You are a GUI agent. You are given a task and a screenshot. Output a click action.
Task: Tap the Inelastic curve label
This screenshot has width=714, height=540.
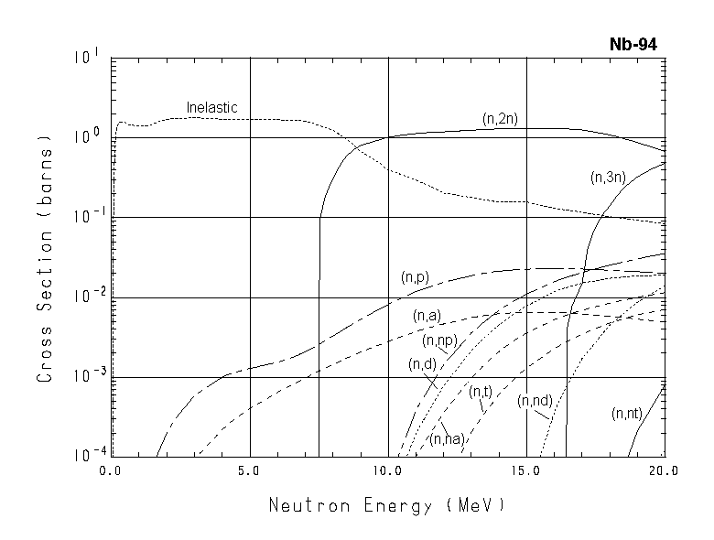pyautogui.click(x=211, y=108)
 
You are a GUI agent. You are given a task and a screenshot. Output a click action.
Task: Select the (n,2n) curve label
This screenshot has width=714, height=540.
pyautogui.click(x=501, y=118)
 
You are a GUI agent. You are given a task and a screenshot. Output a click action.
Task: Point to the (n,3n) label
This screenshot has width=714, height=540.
pyautogui.click(x=608, y=178)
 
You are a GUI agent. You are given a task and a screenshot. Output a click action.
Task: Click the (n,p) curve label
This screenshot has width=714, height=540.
pyautogui.click(x=416, y=276)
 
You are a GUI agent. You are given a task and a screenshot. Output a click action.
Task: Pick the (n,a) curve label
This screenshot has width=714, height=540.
pyautogui.click(x=427, y=316)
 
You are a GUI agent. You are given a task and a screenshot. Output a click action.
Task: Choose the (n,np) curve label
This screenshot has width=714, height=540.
pyautogui.click(x=439, y=340)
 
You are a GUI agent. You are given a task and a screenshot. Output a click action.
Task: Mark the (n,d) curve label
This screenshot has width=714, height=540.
pyautogui.click(x=422, y=363)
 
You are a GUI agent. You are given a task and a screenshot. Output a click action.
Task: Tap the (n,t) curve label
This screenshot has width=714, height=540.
pyautogui.click(x=481, y=392)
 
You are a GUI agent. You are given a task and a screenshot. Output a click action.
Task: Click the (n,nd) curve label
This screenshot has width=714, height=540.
pyautogui.click(x=533, y=401)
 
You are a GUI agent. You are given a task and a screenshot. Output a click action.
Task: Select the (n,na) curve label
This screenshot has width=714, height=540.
pyautogui.click(x=449, y=438)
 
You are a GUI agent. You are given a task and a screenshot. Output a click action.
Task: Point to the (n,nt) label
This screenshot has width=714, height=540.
pyautogui.click(x=627, y=414)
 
